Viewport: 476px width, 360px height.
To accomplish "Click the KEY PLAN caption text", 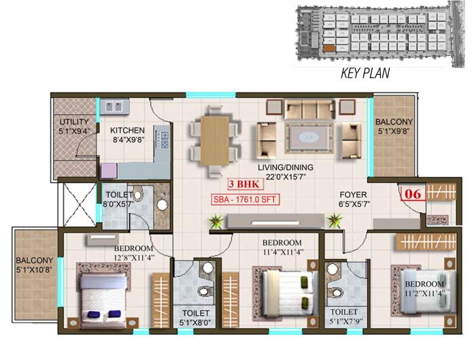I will [x=364, y=73].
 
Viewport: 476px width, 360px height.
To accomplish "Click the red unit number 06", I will [x=411, y=193].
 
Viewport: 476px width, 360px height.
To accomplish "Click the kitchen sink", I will [x=112, y=107].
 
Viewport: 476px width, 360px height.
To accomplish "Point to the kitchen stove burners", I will [x=164, y=140].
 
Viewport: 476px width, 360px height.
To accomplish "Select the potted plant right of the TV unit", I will [x=335, y=220].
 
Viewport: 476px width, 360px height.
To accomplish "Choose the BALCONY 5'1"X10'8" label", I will [x=35, y=265].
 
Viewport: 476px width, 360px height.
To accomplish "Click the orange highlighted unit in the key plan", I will [x=329, y=48].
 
